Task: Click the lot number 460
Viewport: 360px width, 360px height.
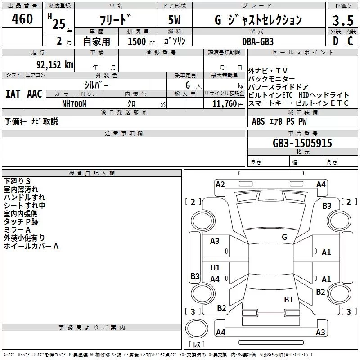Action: tap(22, 19)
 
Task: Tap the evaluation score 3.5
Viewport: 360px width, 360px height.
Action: tap(342, 20)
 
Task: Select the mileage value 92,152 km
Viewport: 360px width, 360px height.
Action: tap(51, 64)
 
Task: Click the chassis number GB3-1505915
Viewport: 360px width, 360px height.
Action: tap(302, 143)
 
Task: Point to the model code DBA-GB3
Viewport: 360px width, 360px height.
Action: tap(258, 41)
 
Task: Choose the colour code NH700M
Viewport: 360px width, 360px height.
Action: tap(75, 103)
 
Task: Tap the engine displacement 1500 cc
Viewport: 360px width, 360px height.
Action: tap(139, 41)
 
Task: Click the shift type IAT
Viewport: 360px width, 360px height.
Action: tap(13, 94)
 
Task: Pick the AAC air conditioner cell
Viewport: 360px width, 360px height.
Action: tap(35, 94)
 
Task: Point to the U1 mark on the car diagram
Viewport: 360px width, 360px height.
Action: tap(215, 268)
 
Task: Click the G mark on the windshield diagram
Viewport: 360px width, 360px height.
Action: tap(284, 237)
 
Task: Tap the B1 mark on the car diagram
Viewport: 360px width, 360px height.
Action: tap(288, 299)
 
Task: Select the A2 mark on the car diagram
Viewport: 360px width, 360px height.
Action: tap(220, 184)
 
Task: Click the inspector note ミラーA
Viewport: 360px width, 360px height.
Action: tap(17, 230)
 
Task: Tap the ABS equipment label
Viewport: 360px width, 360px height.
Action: tap(258, 121)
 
